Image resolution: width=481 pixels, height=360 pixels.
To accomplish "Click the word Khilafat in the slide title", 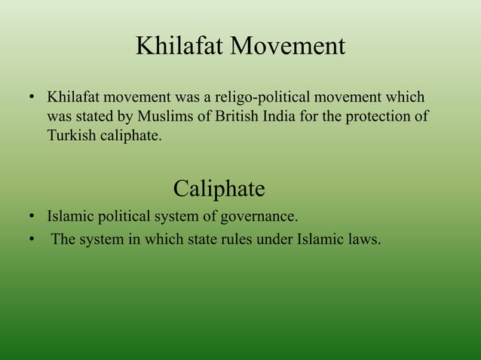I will (x=179, y=47).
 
